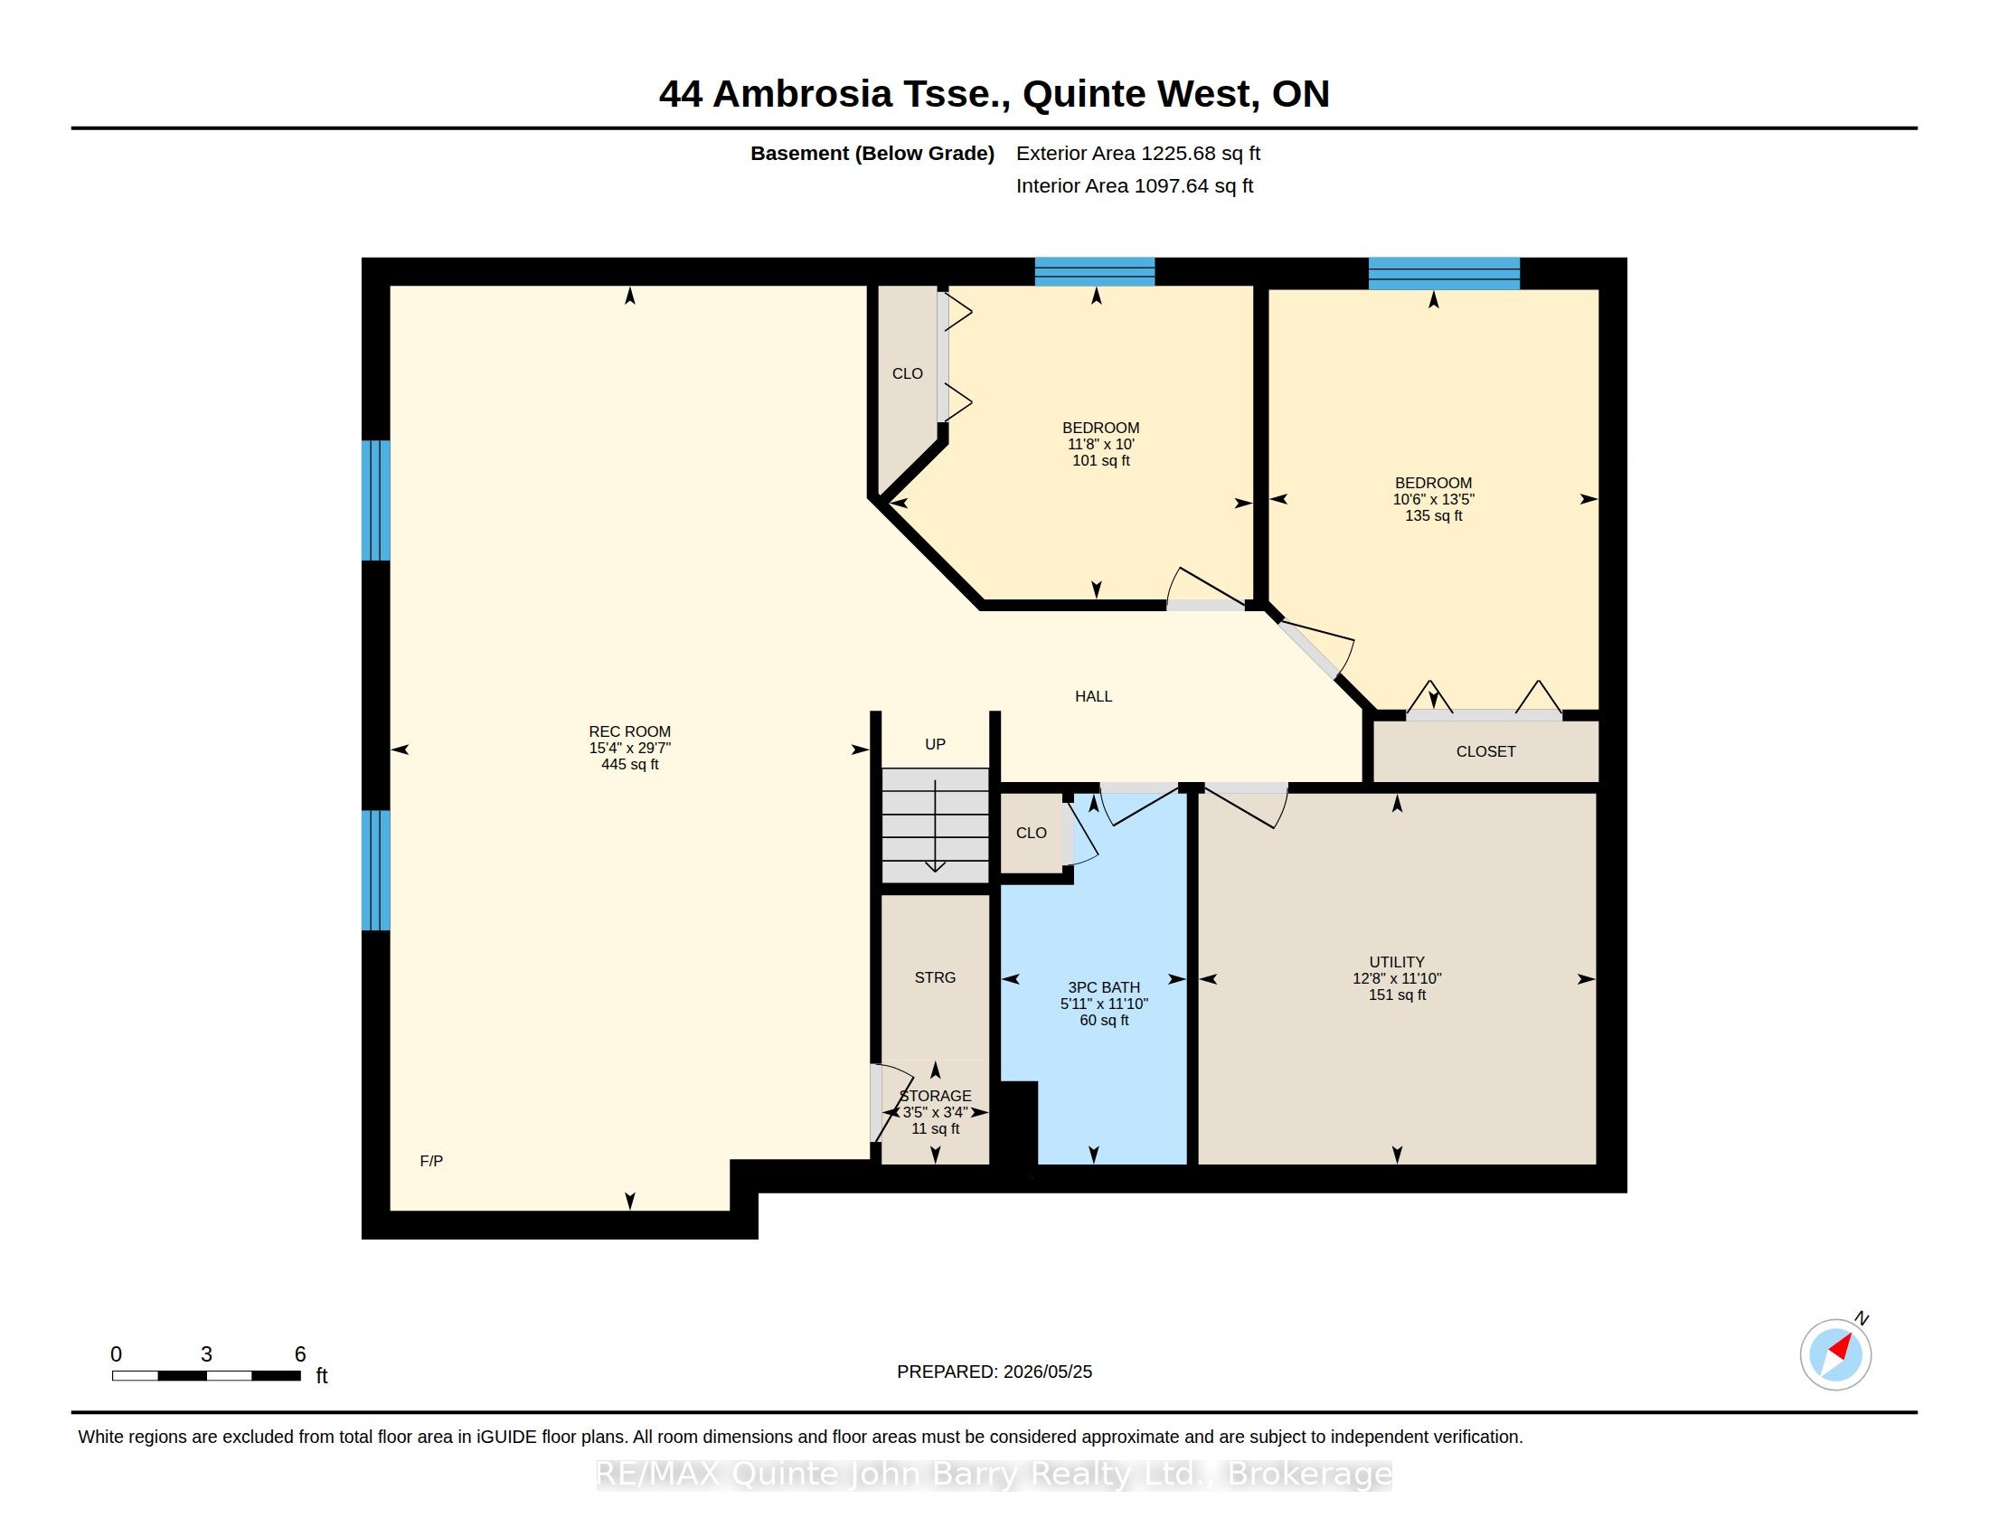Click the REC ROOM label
[629, 731]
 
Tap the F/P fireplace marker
[431, 1161]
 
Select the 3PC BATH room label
[1104, 987]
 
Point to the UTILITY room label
[1397, 962]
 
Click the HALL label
[1094, 696]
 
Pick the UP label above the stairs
[936, 744]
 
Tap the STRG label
[936, 977]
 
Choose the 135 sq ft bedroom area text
[1434, 516]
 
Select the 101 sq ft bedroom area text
[1101, 461]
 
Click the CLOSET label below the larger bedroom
[1486, 751]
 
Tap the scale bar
[207, 1376]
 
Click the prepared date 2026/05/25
[1047, 1372]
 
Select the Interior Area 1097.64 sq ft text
[1135, 185]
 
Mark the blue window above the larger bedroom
[1445, 273]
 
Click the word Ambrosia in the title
[802, 94]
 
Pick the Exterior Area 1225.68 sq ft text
[1138, 153]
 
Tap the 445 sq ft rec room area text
[629, 765]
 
